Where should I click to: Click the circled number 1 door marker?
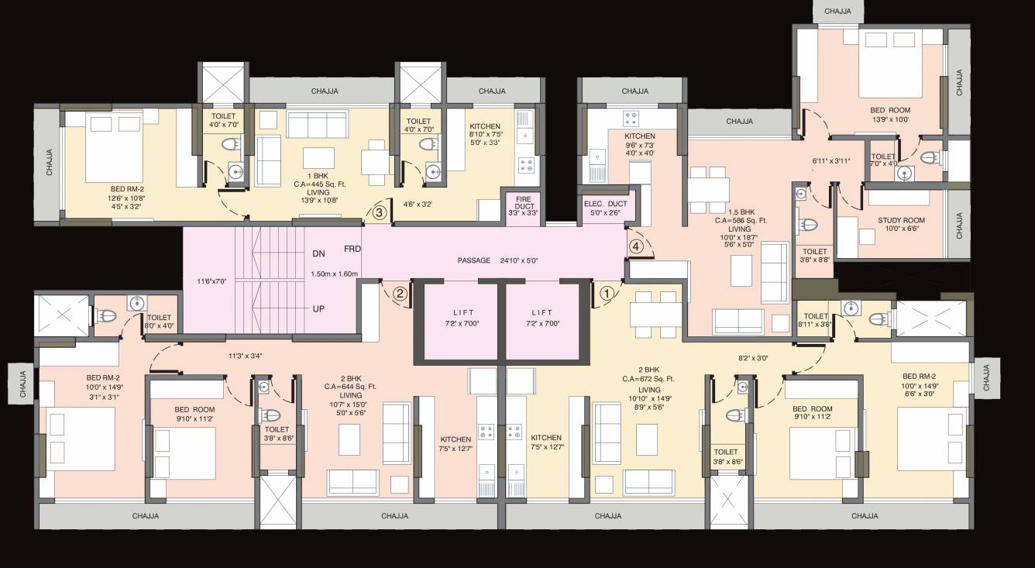tap(607, 294)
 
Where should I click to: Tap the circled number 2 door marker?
tap(400, 294)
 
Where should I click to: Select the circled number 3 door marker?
tap(379, 212)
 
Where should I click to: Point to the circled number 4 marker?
tap(636, 246)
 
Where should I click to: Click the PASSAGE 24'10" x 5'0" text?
tap(496, 260)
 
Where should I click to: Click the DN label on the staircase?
tap(318, 253)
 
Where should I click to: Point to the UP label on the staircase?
tap(318, 308)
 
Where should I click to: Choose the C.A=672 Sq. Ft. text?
tap(648, 380)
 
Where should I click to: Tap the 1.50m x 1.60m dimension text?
tap(334, 274)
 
